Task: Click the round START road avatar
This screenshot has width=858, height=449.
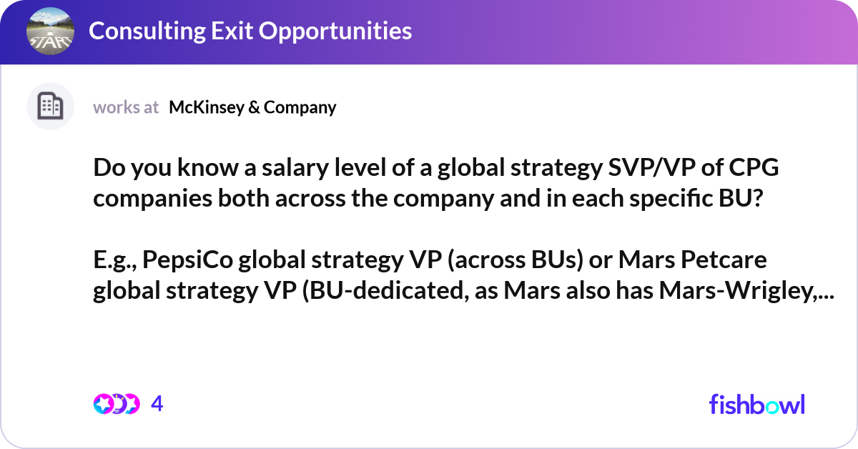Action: coord(50,31)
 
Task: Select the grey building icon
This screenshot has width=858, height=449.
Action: coord(50,107)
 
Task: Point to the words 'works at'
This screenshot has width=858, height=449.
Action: coord(126,107)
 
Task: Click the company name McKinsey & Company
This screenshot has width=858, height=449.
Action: coord(252,107)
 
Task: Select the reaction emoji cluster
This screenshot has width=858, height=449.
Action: coord(116,404)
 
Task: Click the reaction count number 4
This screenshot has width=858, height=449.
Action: coord(157,404)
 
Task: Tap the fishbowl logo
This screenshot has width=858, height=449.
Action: coord(757,404)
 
